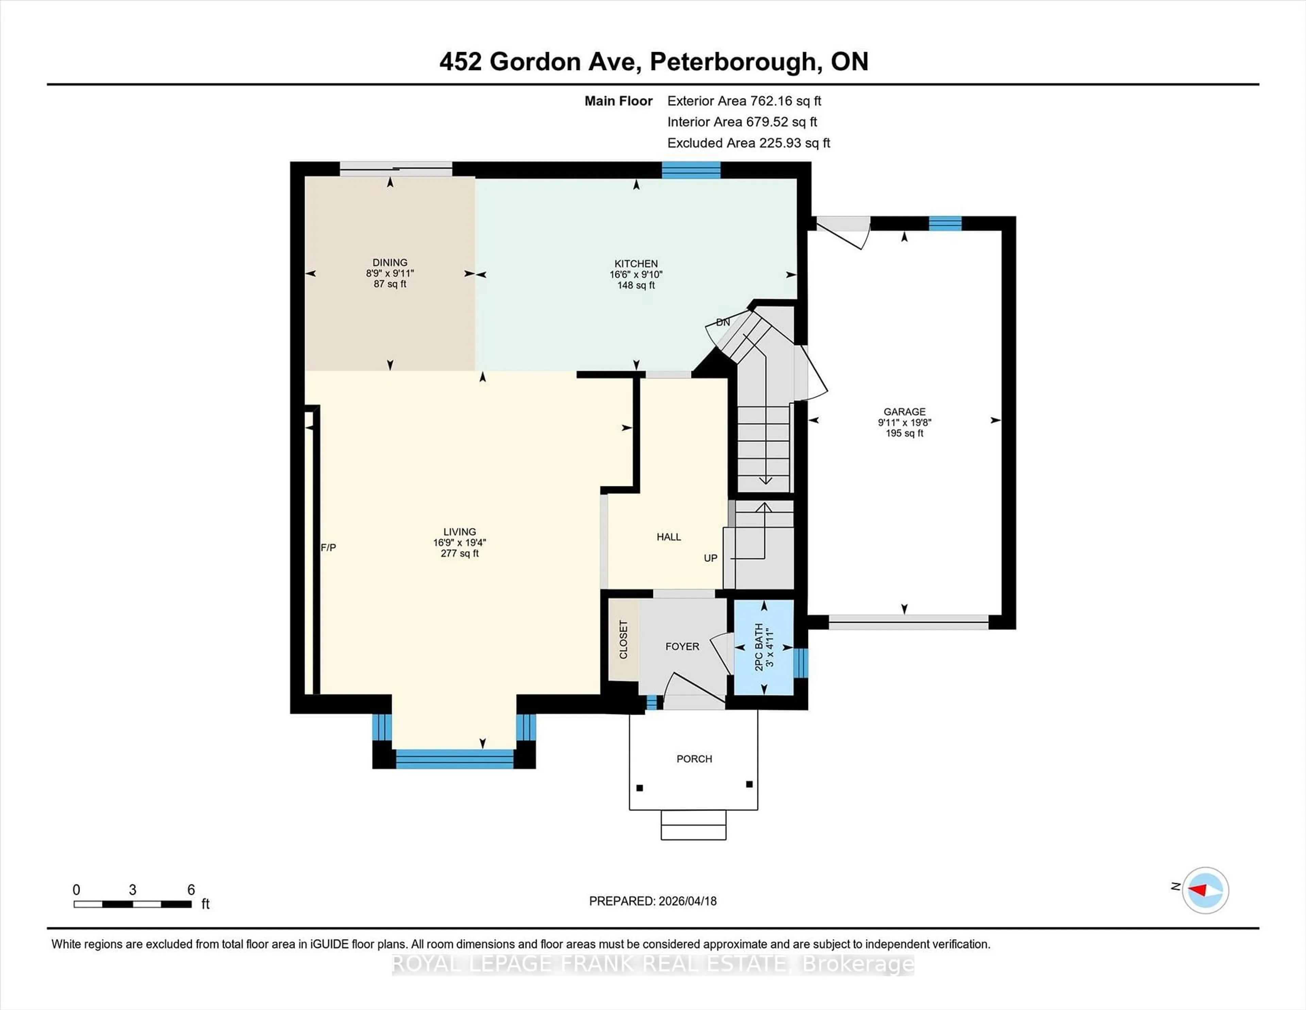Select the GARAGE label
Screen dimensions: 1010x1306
coord(904,412)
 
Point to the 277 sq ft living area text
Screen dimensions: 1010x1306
coord(459,553)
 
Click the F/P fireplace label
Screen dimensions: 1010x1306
coord(328,548)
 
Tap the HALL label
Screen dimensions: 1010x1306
coord(669,537)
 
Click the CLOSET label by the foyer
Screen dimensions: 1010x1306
coord(623,640)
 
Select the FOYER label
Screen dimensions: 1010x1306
coord(682,646)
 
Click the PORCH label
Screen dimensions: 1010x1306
coord(694,759)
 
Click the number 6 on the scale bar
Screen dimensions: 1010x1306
coord(191,890)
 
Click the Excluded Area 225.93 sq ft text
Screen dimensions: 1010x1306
coord(749,143)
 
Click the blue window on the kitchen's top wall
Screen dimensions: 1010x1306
coord(691,170)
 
